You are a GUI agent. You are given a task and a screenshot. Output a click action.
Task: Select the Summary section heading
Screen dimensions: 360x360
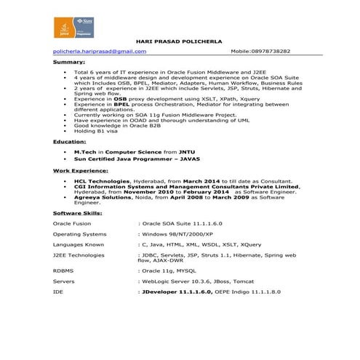[x=68, y=63]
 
